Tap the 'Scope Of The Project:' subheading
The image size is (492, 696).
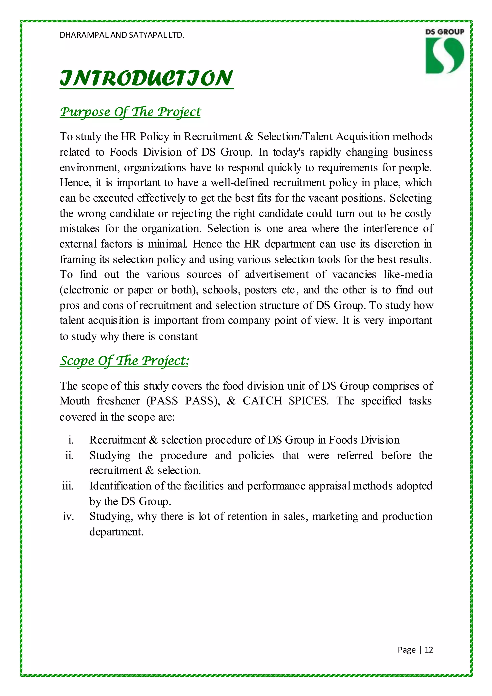[x=124, y=361]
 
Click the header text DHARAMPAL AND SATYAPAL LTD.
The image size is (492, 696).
[x=122, y=35]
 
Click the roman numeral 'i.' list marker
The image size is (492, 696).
[x=71, y=440]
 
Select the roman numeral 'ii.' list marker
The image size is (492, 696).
[x=69, y=455]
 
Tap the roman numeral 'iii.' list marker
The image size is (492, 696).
[x=68, y=486]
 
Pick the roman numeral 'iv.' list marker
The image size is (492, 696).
[x=68, y=516]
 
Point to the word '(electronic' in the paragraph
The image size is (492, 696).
[x=84, y=290]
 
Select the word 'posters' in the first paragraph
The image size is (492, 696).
[x=261, y=290]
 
